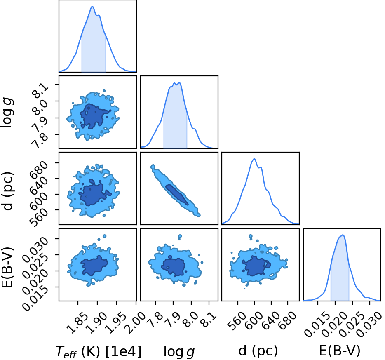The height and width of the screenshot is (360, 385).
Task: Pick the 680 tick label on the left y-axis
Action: point(38,169)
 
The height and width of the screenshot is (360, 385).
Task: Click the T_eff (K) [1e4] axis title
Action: point(98,351)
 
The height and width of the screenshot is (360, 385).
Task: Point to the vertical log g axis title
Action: point(7,113)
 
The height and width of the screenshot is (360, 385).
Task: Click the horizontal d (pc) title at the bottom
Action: point(258,351)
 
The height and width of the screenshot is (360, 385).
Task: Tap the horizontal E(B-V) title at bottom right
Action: point(340,351)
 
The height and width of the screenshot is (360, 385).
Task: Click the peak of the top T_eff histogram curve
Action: point(92,6)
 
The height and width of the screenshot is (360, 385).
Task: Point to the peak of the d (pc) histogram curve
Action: point(254,159)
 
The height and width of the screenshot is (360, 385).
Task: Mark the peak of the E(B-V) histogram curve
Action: point(343,235)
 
